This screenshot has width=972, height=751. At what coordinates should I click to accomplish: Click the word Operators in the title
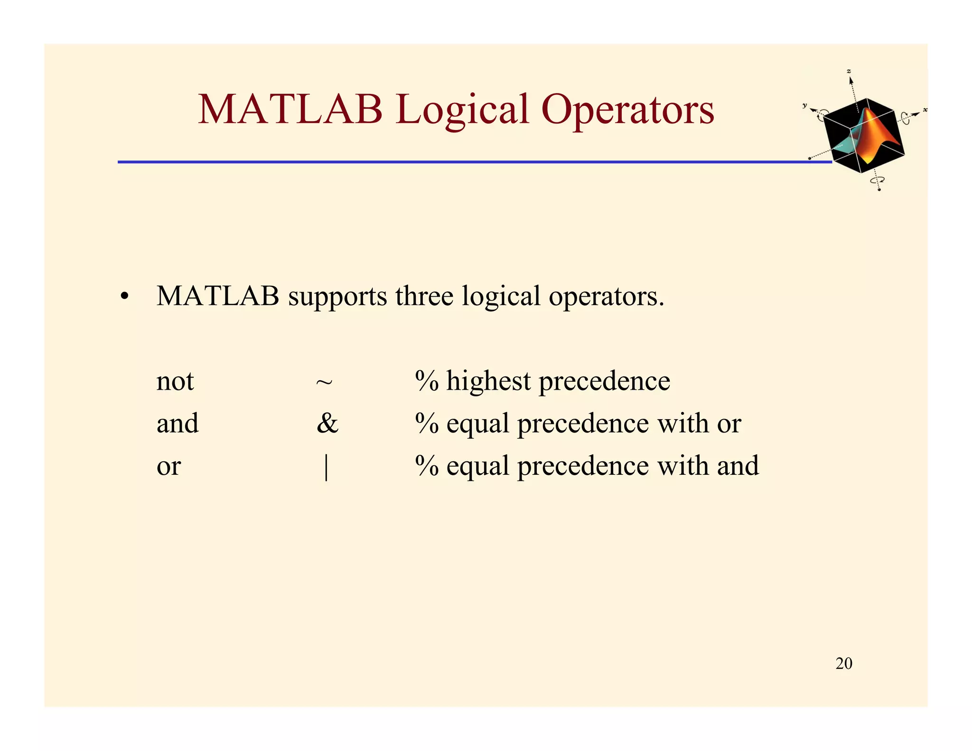pos(627,110)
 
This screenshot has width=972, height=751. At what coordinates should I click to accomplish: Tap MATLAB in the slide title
pos(290,110)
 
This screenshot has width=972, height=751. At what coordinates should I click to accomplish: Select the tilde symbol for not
pos(324,382)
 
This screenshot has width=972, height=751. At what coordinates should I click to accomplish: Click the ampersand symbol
pos(327,423)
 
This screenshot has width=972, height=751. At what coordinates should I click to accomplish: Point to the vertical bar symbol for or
pos(326,467)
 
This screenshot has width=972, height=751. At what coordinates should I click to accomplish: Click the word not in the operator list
pos(175,381)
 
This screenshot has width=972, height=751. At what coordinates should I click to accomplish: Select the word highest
pos(488,381)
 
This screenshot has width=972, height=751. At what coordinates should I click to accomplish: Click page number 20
pos(843,663)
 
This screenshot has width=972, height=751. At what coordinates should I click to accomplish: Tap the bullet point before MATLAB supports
pos(124,298)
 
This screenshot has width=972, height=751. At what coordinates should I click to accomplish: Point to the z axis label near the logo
pos(849,71)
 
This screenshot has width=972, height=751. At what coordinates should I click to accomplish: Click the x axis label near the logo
pos(925,110)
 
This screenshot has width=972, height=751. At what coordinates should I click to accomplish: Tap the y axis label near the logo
pos(804,105)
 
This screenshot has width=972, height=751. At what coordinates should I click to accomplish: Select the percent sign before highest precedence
pos(427,381)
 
